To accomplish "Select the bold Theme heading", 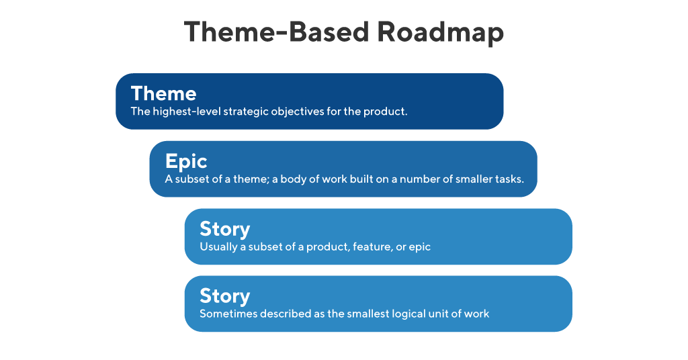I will (x=163, y=93).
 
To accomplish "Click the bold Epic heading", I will (x=186, y=161).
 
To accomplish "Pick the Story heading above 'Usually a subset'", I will (x=224, y=229).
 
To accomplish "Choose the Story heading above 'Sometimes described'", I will (x=224, y=296).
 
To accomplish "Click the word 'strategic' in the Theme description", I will (x=246, y=111).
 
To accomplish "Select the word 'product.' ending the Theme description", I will (x=385, y=111).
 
